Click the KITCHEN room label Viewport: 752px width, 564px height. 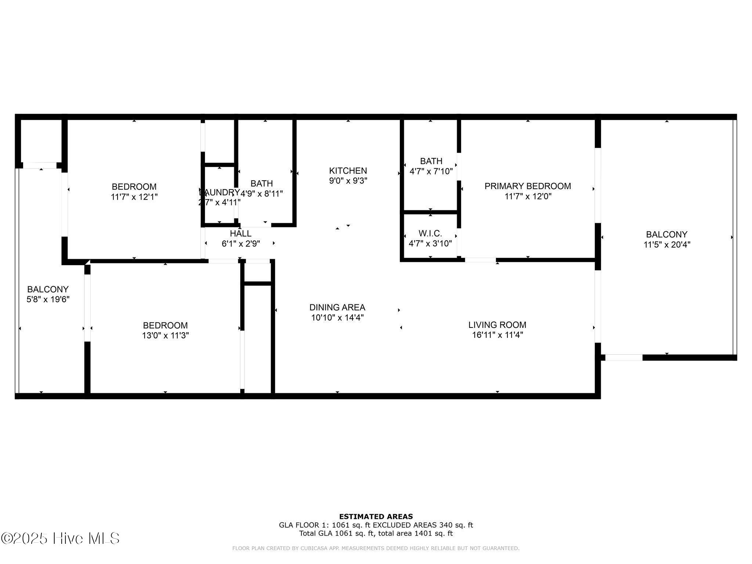tap(348, 171)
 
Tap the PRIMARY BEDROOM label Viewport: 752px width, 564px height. tap(528, 186)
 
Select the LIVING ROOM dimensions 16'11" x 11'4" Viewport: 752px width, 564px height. tap(497, 335)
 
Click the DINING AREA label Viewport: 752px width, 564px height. tap(337, 307)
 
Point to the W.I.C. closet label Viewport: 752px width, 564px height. tap(430, 234)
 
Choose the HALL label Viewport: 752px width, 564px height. tap(241, 234)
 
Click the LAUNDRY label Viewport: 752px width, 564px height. tap(219, 192)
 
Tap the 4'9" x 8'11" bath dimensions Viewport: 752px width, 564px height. tap(261, 194)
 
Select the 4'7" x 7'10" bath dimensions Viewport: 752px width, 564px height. tap(431, 171)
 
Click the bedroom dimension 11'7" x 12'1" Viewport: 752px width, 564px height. tap(134, 197)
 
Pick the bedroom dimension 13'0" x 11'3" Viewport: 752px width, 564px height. tap(165, 335)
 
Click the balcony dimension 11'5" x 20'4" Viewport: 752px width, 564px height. tap(666, 245)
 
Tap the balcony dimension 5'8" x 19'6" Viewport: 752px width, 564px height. tap(48, 299)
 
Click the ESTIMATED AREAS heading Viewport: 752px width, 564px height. tap(376, 517)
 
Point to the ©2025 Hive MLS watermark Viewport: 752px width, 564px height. tap(60, 538)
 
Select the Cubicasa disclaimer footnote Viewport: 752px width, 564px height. tap(376, 549)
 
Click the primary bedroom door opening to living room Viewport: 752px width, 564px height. tap(480, 260)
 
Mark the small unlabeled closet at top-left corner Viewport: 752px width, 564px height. tap(40, 141)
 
